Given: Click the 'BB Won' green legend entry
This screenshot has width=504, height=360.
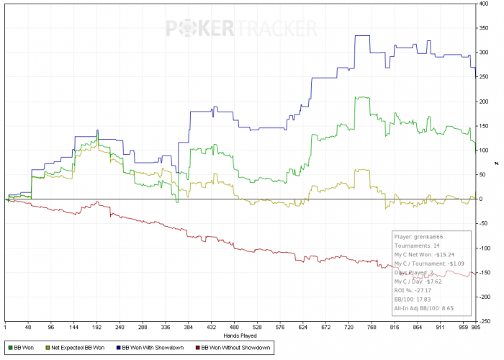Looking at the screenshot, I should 21,348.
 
